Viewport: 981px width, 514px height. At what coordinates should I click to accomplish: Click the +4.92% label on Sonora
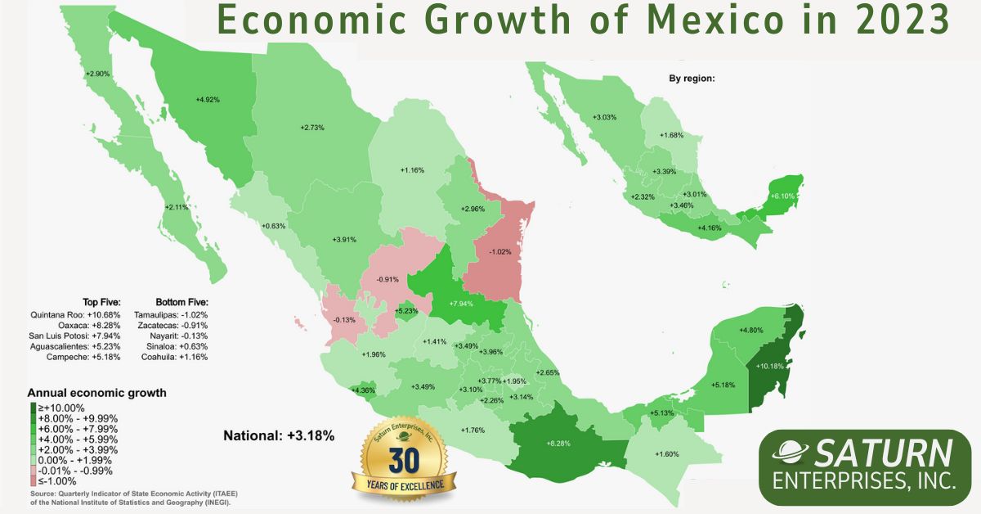(208, 100)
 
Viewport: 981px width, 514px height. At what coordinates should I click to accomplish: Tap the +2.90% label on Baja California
(97, 74)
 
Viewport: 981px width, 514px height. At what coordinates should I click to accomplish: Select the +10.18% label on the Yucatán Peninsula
(771, 366)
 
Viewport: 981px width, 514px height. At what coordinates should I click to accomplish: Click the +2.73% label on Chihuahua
(312, 128)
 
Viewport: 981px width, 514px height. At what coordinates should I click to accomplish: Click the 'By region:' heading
(692, 79)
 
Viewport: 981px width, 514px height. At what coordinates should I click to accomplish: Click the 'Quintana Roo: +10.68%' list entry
(74, 314)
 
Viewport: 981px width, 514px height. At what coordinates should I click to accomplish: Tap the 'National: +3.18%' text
(278, 435)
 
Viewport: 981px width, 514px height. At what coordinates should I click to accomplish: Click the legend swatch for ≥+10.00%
(33, 408)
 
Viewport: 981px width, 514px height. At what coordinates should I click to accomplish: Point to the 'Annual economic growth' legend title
(96, 393)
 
